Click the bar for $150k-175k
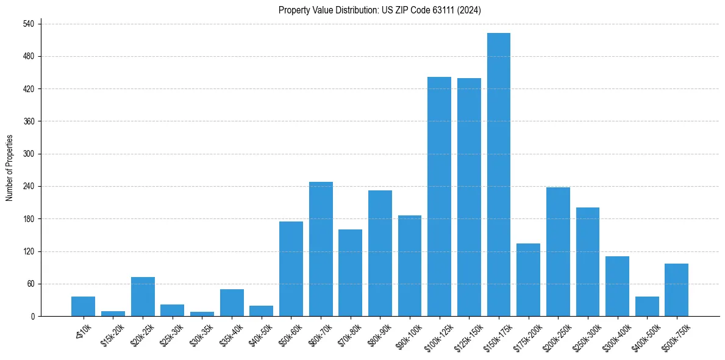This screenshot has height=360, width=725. (x=499, y=175)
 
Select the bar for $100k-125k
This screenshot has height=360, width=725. (x=439, y=196)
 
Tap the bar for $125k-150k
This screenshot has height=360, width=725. (x=469, y=197)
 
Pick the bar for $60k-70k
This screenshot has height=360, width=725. (x=321, y=249)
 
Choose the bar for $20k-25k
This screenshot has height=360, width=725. (x=143, y=297)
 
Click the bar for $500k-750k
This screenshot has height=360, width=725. (x=676, y=290)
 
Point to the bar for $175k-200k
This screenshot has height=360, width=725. (x=528, y=280)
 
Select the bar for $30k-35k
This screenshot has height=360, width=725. (x=202, y=314)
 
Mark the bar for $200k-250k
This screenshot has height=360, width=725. (x=558, y=252)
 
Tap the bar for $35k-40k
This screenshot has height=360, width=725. (x=232, y=303)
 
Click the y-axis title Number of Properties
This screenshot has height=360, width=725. (x=9, y=168)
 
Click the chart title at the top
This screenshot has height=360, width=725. (x=380, y=10)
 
